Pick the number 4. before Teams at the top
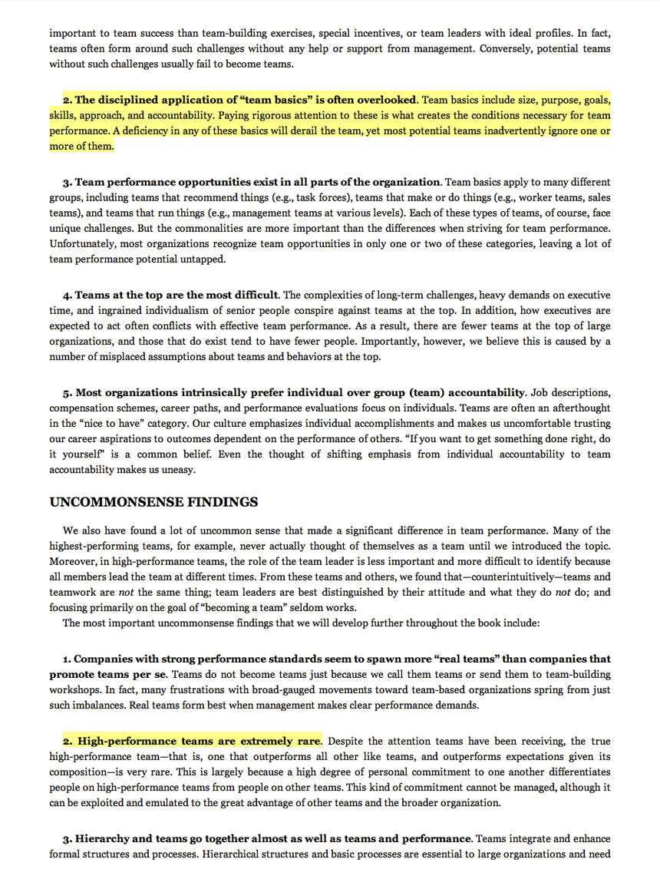68,295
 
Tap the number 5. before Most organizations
68,392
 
